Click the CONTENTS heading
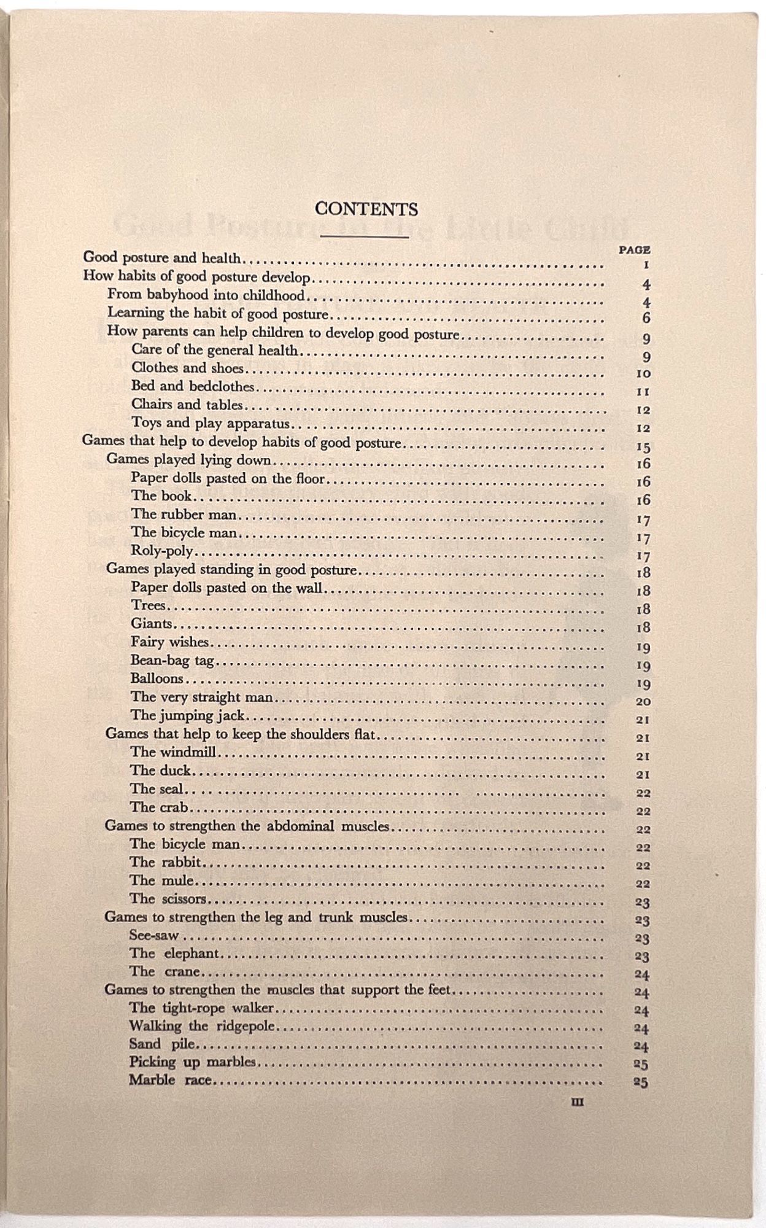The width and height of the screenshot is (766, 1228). coord(366,209)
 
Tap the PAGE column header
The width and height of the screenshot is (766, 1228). coord(635,250)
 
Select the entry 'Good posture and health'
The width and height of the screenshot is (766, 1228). coord(162,258)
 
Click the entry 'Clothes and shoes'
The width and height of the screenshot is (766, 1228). coord(187,368)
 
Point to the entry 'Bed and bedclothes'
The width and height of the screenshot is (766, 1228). coord(193,387)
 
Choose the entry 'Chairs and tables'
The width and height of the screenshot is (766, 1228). coord(187,405)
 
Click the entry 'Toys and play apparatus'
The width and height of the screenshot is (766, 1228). coord(210,424)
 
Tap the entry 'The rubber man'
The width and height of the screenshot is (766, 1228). coord(184,515)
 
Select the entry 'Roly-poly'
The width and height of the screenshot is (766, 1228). coord(162,551)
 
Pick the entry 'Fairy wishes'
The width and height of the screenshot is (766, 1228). coord(170,642)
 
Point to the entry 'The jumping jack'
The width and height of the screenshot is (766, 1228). coord(187,715)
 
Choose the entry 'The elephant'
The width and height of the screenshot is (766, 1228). coord(174,954)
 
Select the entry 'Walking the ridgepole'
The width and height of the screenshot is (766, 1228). coord(202,1026)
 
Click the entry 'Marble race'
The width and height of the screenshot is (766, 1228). coord(170,1081)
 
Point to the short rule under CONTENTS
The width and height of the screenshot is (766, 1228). coord(365,236)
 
